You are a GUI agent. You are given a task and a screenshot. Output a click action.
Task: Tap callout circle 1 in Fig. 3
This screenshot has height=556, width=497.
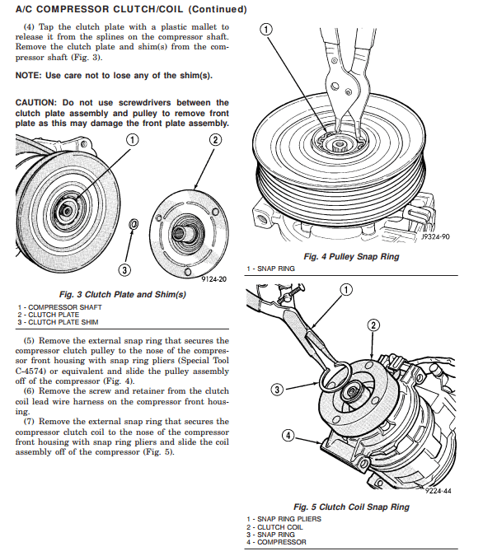131,139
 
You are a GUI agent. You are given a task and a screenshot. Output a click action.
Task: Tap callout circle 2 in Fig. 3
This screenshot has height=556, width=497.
215,139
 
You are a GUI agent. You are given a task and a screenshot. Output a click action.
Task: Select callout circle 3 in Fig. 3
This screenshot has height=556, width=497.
124,269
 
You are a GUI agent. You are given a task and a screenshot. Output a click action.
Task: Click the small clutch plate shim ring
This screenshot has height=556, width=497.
134,222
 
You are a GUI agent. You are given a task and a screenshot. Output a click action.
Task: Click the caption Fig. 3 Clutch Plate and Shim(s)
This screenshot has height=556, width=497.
123,294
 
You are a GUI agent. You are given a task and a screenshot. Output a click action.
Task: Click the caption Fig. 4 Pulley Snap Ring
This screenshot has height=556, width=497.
351,257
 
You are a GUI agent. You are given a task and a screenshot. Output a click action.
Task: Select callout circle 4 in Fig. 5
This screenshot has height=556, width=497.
288,435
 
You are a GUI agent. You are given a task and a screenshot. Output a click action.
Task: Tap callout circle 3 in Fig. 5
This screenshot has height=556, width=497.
278,389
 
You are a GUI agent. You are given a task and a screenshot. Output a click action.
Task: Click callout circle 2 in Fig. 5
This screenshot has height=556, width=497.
373,325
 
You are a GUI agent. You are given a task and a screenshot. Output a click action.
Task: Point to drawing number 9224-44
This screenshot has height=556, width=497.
439,490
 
